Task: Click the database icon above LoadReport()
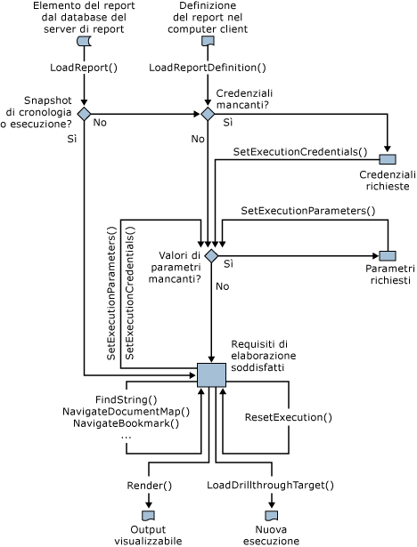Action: pyautogui.click(x=84, y=42)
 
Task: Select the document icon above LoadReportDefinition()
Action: pyautogui.click(x=207, y=42)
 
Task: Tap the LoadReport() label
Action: pyautogui.click(x=84, y=68)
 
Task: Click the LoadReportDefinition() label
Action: pyautogui.click(x=207, y=68)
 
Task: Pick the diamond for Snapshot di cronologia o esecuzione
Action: pyautogui.click(x=84, y=114)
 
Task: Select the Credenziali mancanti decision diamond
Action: pyautogui.click(x=208, y=114)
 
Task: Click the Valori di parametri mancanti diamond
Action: pyautogui.click(x=211, y=255)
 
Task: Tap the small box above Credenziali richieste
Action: pyautogui.click(x=388, y=159)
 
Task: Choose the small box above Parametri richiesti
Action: pyautogui.click(x=388, y=255)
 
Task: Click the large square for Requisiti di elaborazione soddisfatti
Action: pyautogui.click(x=211, y=374)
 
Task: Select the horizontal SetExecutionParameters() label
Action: pyautogui.click(x=307, y=211)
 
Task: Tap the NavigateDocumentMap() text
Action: pyautogui.click(x=127, y=412)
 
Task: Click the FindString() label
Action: pyautogui.click(x=126, y=399)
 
